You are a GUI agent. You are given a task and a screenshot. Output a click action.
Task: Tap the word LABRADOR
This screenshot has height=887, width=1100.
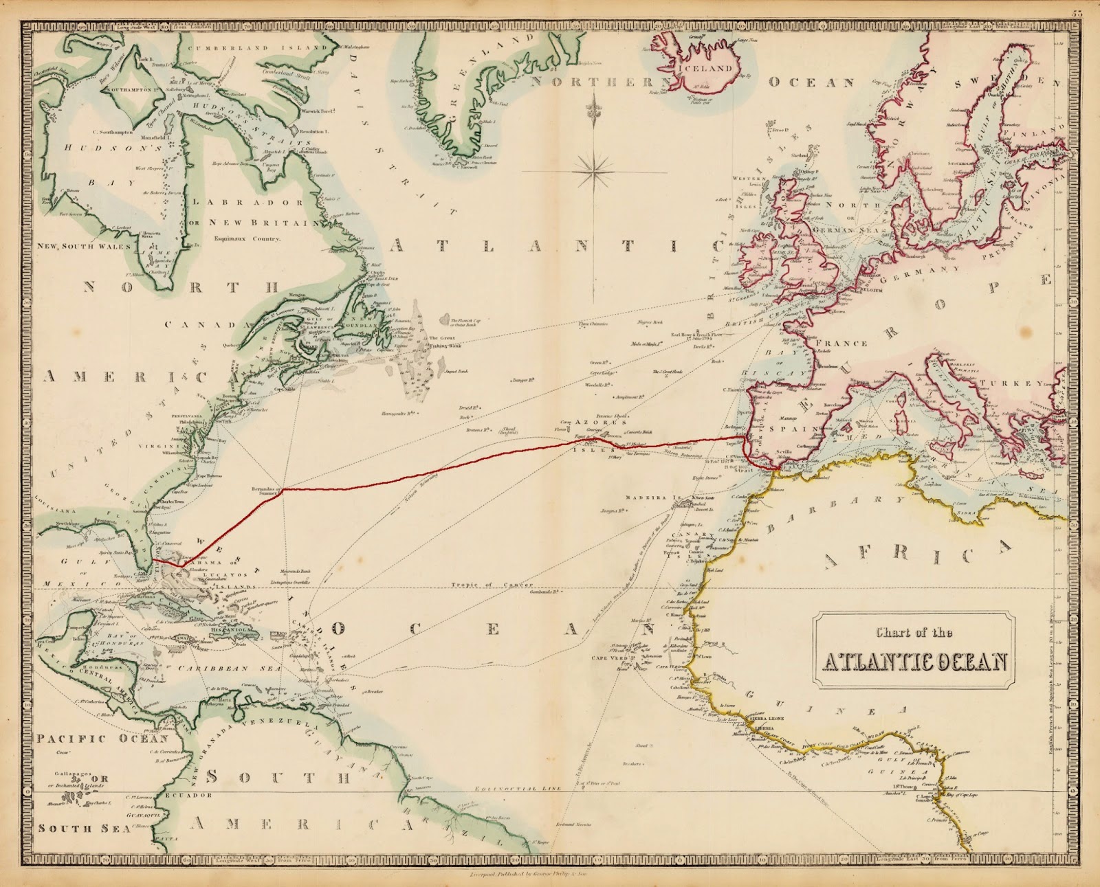248,203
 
